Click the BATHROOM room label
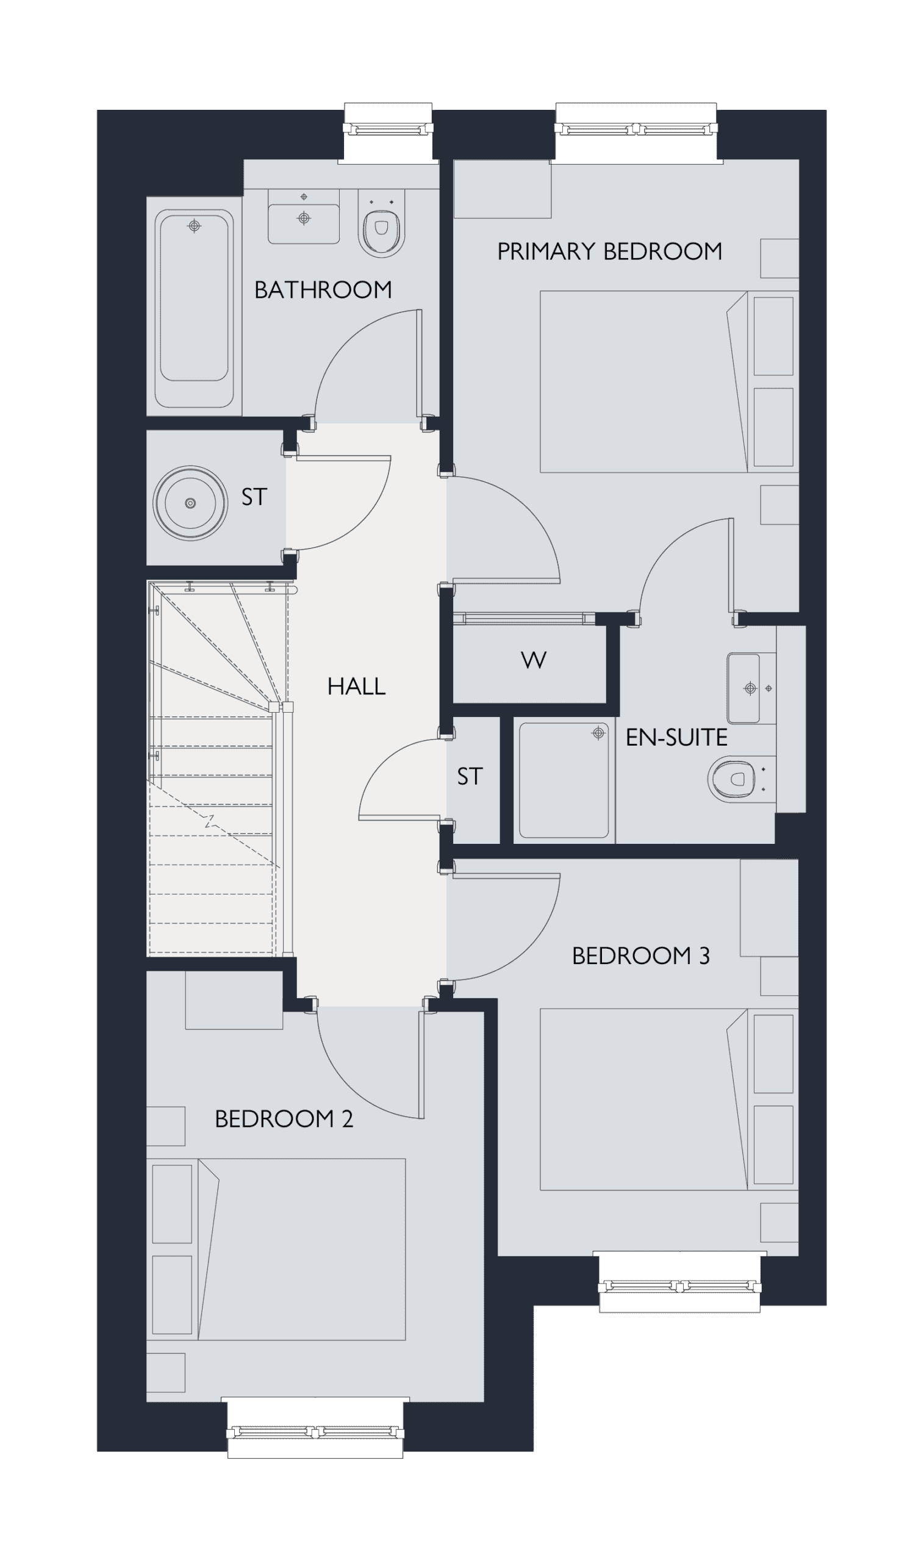323,290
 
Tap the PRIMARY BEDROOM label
609,251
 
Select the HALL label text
356,686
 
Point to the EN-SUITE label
676,738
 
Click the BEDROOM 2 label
284,1119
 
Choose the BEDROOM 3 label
640,956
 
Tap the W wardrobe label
534,660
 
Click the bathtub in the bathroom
195,308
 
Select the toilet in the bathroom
381,223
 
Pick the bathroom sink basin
304,217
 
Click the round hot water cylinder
190,503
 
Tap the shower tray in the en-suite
564,780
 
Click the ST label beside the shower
470,777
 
